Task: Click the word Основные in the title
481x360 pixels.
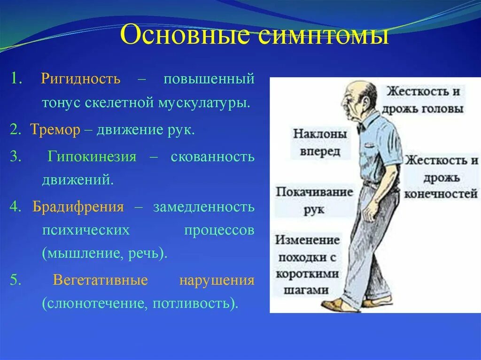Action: (x=185, y=34)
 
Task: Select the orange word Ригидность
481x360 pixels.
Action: (x=81, y=79)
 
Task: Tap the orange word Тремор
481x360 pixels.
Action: (x=55, y=130)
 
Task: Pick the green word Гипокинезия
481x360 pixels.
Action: (x=92, y=157)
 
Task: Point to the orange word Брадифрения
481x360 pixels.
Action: (x=78, y=207)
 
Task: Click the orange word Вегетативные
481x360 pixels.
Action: (x=101, y=280)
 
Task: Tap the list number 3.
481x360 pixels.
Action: (x=16, y=157)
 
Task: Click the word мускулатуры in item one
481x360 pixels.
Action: (x=202, y=103)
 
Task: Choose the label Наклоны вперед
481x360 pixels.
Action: (x=319, y=142)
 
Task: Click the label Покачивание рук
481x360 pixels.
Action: (x=314, y=200)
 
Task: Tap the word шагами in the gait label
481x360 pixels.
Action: (x=306, y=290)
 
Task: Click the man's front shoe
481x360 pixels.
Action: (x=337, y=305)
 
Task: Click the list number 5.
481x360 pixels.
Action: (x=16, y=280)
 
